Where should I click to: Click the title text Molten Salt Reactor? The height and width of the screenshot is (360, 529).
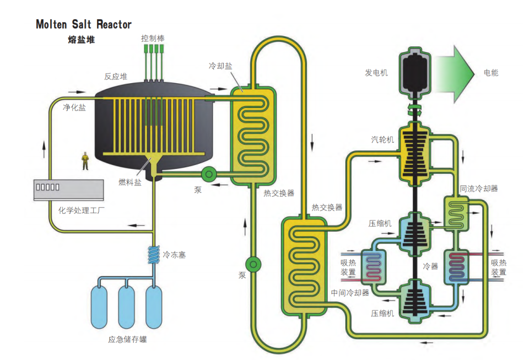pyautogui.click(x=84, y=24)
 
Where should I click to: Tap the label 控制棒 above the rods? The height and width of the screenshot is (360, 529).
pyautogui.click(x=153, y=39)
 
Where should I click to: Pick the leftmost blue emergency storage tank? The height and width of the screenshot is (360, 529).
pyautogui.click(x=101, y=305)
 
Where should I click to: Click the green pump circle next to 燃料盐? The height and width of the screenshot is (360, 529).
pyautogui.click(x=209, y=174)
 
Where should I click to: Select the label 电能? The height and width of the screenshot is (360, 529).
pyautogui.click(x=492, y=73)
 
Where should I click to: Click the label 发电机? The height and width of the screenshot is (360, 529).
pyautogui.click(x=376, y=73)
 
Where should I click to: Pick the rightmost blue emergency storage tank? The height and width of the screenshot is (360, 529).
pyautogui.click(x=154, y=305)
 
